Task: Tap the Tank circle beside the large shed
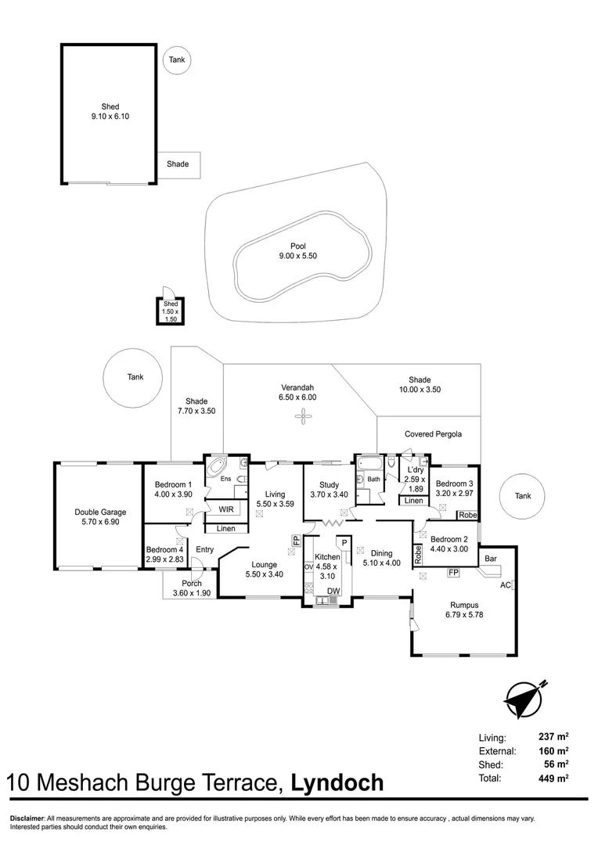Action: point(177,59)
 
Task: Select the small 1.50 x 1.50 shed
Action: point(171,311)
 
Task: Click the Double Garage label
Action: point(100,517)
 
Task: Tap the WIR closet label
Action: point(227,509)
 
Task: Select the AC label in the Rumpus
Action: point(505,584)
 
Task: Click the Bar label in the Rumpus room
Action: point(491,559)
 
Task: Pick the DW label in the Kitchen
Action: point(333,591)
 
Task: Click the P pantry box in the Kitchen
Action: point(344,542)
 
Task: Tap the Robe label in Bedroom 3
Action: point(468,515)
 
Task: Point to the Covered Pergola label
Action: point(433,434)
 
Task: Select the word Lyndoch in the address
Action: point(337,782)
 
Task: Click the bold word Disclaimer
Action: point(27,818)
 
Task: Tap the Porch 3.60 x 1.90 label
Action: point(192,588)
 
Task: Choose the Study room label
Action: point(328,489)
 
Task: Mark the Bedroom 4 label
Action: point(164,554)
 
